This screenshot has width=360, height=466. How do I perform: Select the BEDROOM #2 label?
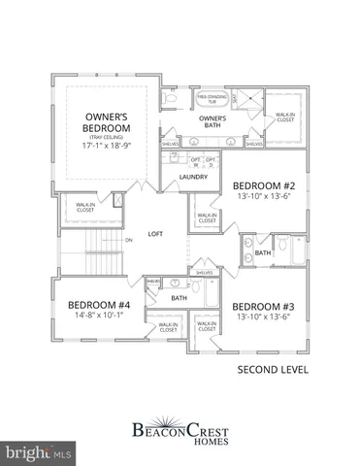[x=262, y=185]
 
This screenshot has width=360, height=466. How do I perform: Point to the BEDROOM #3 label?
[x=262, y=305]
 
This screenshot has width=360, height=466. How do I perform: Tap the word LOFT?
[x=155, y=234]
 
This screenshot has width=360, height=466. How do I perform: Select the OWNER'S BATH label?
[x=213, y=122]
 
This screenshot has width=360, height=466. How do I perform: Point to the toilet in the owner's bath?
[x=172, y=98]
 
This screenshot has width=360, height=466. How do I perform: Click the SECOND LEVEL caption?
[x=274, y=370]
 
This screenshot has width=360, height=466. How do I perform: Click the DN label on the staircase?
[x=128, y=239]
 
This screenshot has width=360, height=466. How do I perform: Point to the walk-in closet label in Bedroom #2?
[x=207, y=218]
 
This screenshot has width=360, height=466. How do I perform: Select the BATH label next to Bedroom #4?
[x=179, y=298]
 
